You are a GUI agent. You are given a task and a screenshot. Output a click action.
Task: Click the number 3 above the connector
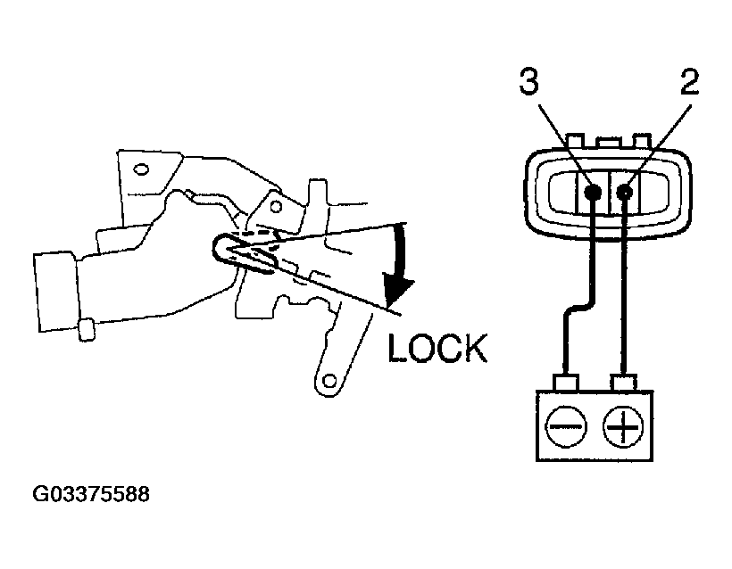[x=528, y=84]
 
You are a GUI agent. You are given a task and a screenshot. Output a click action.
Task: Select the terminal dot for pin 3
[x=590, y=191]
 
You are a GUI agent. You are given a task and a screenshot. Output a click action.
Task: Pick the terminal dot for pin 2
[x=624, y=191]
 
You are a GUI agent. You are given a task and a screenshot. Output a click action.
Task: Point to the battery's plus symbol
[x=622, y=428]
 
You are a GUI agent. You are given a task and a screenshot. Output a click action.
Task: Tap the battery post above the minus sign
[x=564, y=383]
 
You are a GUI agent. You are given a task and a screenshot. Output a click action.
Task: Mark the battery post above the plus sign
[x=623, y=383]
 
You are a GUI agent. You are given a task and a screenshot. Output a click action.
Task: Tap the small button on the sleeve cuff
[x=87, y=330]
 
